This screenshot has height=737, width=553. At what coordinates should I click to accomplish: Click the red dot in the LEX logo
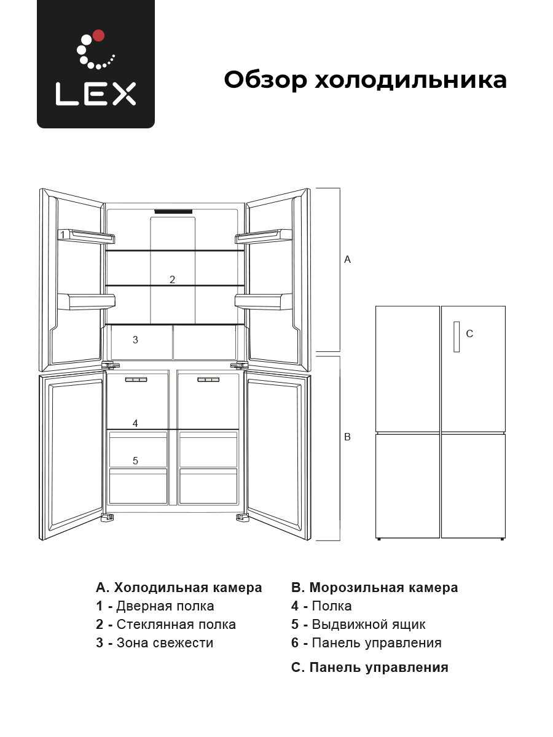(x=99, y=36)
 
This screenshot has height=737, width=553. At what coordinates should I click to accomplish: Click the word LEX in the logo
(x=96, y=94)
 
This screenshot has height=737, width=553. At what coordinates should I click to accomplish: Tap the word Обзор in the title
(x=265, y=80)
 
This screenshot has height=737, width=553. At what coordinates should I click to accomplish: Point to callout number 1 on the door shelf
(x=63, y=235)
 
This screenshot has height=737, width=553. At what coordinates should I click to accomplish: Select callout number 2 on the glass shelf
(x=172, y=279)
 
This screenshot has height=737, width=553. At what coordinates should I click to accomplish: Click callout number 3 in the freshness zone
(x=135, y=340)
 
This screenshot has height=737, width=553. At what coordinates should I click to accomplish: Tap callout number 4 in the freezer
(x=135, y=423)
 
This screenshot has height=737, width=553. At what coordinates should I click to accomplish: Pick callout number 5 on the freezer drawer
(x=135, y=461)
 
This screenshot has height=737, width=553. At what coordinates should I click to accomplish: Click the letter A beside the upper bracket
(x=348, y=260)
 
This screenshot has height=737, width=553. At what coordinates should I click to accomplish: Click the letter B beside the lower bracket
(x=348, y=437)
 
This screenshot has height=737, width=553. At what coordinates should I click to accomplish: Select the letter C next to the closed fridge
(x=469, y=333)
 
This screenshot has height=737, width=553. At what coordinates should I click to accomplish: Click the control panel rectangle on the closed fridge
(x=457, y=337)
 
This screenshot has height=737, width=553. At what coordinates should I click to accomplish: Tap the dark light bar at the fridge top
(x=173, y=211)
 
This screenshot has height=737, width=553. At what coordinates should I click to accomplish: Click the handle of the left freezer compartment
(x=136, y=380)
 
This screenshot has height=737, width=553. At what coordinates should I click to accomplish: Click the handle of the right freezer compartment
(x=208, y=380)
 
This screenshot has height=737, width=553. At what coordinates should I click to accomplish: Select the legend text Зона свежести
(x=165, y=643)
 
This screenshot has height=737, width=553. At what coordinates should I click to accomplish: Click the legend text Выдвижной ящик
(x=369, y=625)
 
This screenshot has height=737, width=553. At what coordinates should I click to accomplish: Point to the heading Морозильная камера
(x=383, y=588)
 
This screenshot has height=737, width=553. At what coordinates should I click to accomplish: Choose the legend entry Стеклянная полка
(x=176, y=625)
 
